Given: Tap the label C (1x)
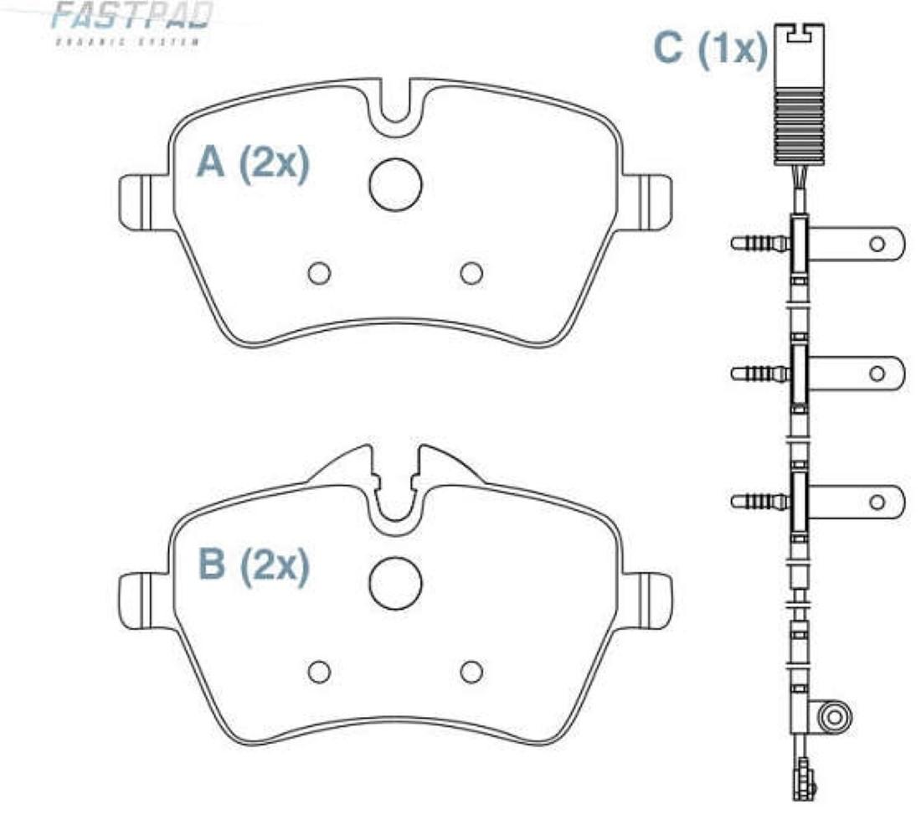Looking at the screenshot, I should [710, 50].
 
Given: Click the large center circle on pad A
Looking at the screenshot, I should [395, 184].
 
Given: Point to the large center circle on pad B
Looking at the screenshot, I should [395, 583].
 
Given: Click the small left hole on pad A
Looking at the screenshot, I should [319, 273].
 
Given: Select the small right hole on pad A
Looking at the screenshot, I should [471, 273].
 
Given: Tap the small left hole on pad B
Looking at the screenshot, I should [319, 671].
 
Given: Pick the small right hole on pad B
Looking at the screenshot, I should [471, 671].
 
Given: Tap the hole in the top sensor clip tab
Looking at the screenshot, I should [877, 244].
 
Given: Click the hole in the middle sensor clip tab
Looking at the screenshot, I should [877, 373].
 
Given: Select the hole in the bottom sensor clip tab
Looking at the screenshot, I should [877, 501].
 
